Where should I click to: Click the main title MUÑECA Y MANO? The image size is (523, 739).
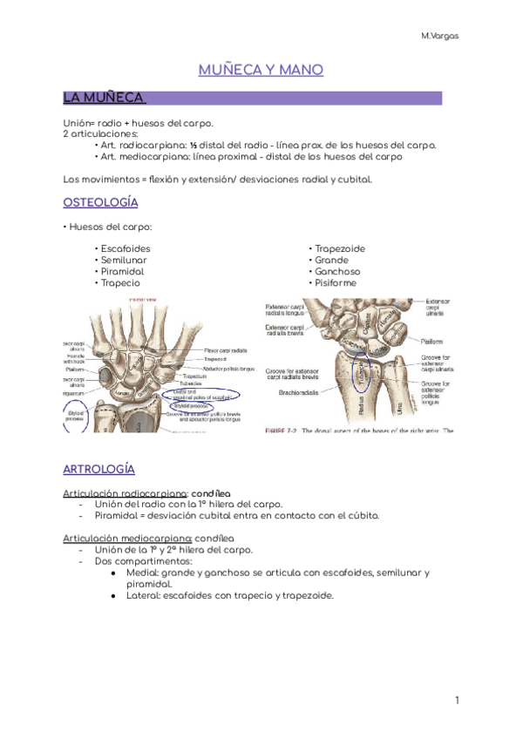coord(261,70)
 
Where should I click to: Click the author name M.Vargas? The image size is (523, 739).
coord(440,36)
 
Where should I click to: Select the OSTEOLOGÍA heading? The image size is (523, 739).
coord(101,203)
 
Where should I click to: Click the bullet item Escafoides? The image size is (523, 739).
coord(126,249)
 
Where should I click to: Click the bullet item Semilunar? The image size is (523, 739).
coord(124,261)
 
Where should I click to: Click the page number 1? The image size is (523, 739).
coord(456,701)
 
